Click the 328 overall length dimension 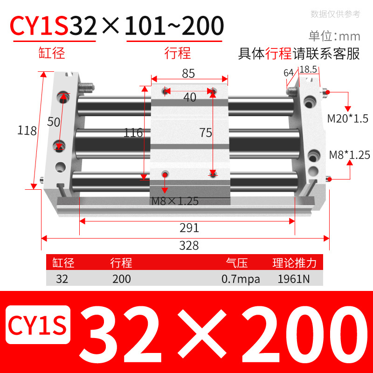click(x=189, y=245)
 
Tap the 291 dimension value click(x=189, y=228)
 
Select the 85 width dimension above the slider click(x=188, y=73)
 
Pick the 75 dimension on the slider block click(x=205, y=133)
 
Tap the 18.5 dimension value click(x=308, y=69)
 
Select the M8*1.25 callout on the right click(x=349, y=154)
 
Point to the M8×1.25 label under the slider click(x=175, y=201)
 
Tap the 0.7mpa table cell click(x=241, y=279)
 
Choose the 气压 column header click(x=236, y=263)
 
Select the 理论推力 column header click(x=295, y=263)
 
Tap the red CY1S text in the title click(x=40, y=27)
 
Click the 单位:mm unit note click(x=334, y=36)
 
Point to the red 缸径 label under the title click(x=51, y=53)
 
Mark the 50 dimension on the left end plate click(x=54, y=122)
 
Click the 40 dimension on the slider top click(x=189, y=97)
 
